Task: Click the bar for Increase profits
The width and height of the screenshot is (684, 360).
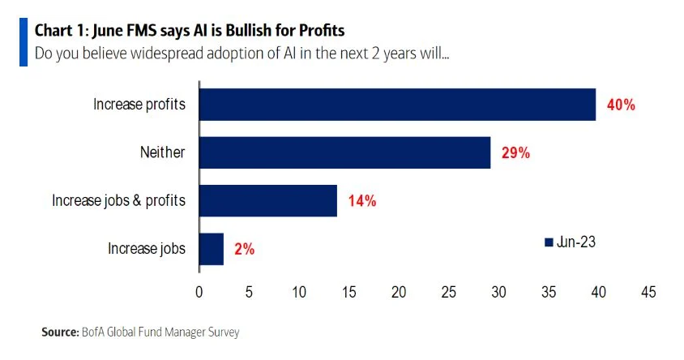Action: tap(397, 105)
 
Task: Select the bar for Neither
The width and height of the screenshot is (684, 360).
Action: tap(344, 152)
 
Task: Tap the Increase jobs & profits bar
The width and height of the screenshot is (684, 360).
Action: tap(267, 201)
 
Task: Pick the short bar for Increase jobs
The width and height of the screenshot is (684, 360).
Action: tap(211, 249)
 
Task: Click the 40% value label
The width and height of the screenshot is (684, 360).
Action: tap(620, 105)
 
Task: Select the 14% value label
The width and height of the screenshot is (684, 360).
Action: tap(361, 201)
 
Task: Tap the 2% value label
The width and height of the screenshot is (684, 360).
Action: tap(243, 249)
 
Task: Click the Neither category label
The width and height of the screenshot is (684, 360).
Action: tap(162, 152)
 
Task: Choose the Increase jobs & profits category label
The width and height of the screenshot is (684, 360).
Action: tap(120, 201)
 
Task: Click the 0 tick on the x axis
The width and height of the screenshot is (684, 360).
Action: tap(199, 291)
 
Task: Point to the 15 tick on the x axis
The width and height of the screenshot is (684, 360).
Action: tap(349, 291)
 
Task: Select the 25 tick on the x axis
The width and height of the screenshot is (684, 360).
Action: tap(449, 291)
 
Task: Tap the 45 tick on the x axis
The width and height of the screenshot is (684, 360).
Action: tap(648, 291)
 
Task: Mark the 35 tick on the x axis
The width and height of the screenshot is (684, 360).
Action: tap(549, 291)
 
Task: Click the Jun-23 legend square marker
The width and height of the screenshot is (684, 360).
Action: tap(548, 242)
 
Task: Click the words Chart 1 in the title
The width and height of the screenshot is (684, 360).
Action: tap(61, 31)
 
